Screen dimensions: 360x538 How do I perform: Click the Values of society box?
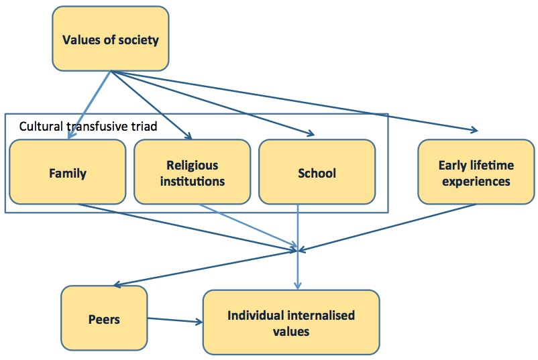(111, 39)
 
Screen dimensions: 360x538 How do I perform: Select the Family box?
(68, 172)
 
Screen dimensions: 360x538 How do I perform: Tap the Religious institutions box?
(193, 172)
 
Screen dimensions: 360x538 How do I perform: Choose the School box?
(317, 172)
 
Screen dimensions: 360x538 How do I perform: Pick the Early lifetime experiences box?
(474, 172)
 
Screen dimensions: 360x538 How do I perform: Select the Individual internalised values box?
(291, 322)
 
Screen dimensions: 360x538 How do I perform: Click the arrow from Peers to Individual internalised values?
(174, 320)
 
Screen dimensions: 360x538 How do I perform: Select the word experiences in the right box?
(474, 181)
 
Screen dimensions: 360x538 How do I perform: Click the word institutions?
(193, 181)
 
